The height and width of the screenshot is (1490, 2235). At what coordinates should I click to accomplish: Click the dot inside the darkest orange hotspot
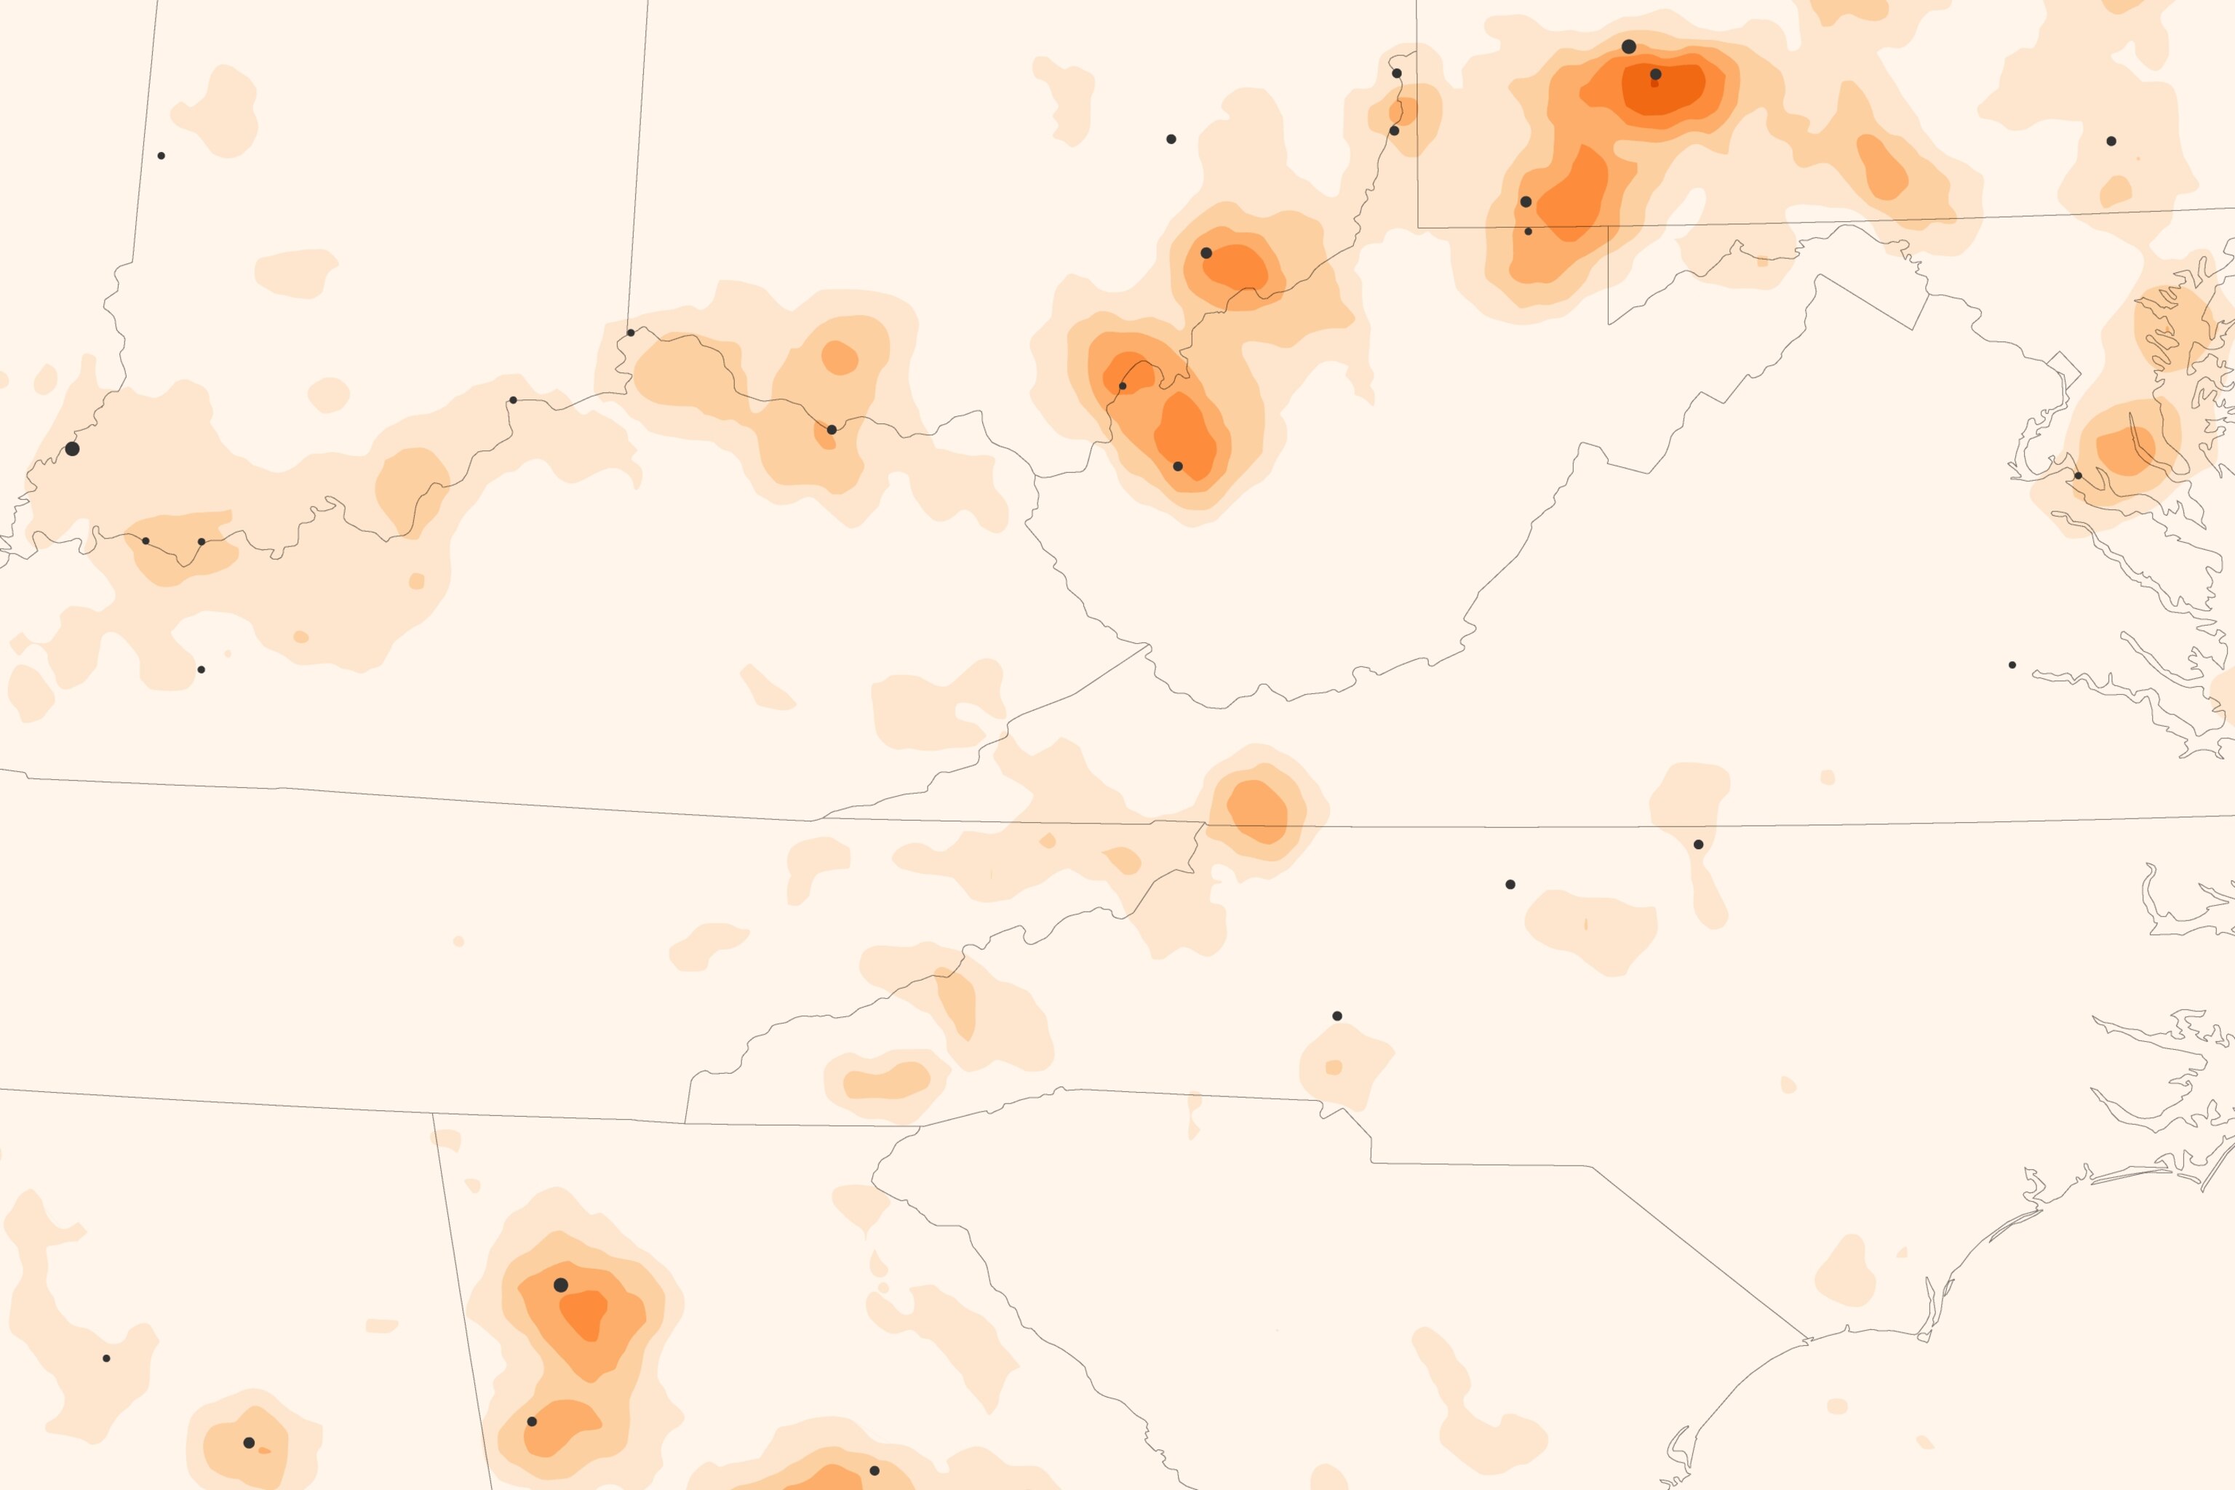click(x=1655, y=74)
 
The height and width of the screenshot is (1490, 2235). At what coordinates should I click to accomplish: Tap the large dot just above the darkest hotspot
click(x=1629, y=47)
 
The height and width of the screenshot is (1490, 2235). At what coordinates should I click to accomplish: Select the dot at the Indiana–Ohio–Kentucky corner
click(x=631, y=332)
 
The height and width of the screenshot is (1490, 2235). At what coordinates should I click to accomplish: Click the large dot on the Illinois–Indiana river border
click(x=72, y=448)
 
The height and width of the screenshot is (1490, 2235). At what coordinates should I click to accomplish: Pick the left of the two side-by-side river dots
click(x=146, y=541)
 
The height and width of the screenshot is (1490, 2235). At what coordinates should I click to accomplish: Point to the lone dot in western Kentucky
click(x=201, y=670)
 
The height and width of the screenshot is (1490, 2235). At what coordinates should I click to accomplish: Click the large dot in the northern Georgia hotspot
click(x=561, y=1285)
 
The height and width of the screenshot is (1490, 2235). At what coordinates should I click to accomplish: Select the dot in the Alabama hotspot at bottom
click(x=249, y=1443)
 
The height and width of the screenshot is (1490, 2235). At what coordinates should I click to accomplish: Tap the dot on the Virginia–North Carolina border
click(x=1698, y=844)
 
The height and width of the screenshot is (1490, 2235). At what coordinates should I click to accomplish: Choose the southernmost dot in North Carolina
click(x=1337, y=1016)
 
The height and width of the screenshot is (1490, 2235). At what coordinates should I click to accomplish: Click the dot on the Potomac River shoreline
click(x=2078, y=475)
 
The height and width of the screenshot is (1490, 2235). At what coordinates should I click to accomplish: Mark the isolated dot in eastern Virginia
click(x=2012, y=665)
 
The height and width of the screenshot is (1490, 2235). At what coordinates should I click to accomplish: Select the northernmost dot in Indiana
click(x=162, y=156)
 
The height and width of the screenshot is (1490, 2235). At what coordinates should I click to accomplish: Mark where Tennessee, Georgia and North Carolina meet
click(x=920, y=1126)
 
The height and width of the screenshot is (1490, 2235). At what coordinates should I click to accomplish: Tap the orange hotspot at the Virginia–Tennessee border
click(x=1258, y=810)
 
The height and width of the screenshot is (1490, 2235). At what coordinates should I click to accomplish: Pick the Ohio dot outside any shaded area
click(x=1171, y=139)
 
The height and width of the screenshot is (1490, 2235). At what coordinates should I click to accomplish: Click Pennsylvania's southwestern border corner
click(x=1418, y=227)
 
